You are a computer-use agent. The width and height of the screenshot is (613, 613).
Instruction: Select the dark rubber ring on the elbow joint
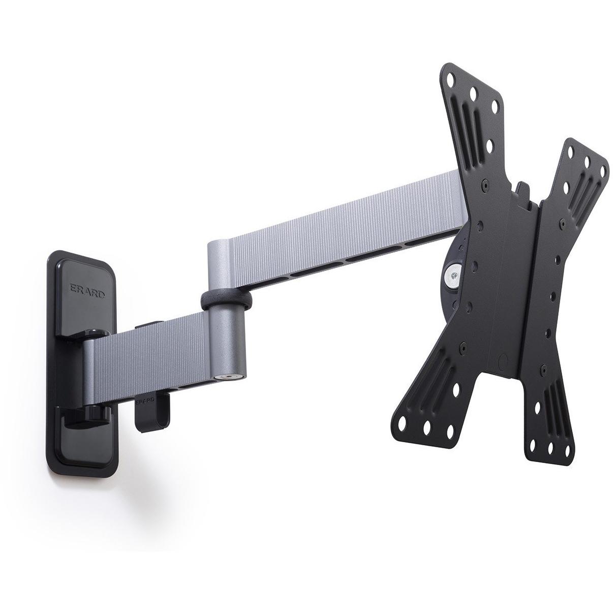[x=226, y=300]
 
